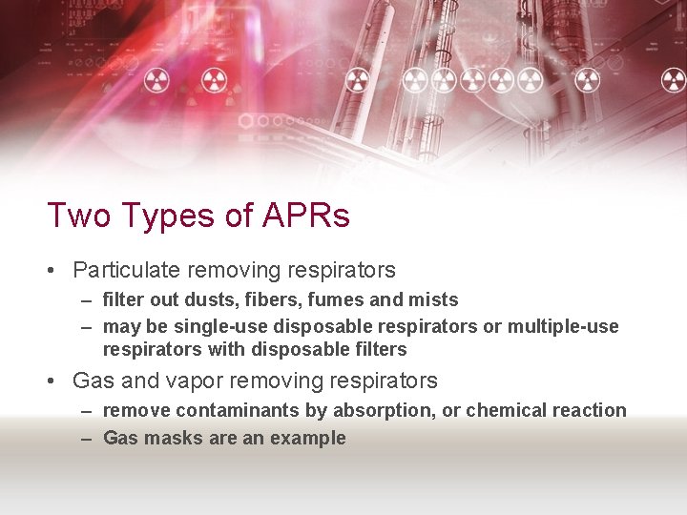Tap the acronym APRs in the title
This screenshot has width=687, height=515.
click(x=306, y=216)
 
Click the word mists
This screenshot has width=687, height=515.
click(x=433, y=299)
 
